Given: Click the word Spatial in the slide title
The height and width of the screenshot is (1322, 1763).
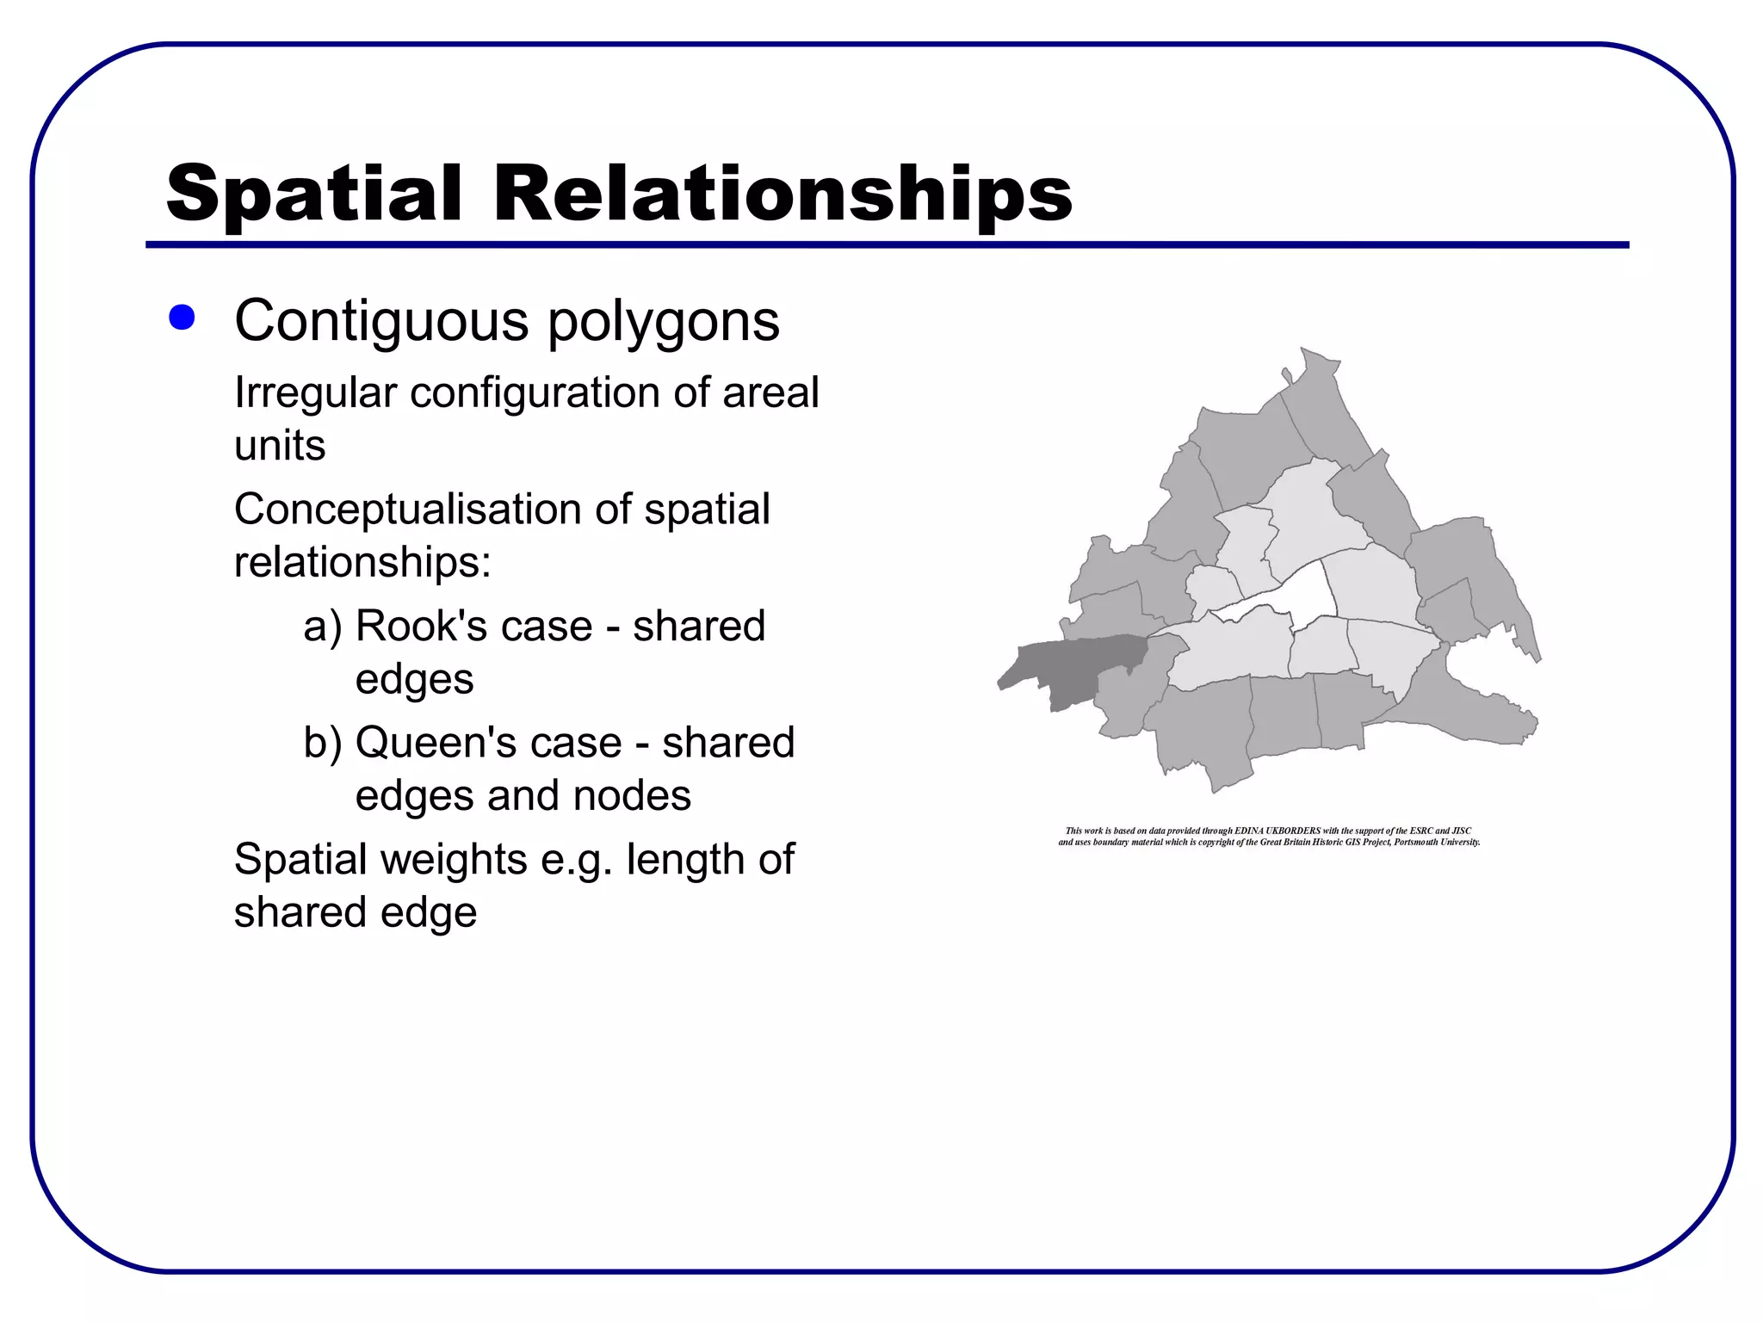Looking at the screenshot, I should [314, 195].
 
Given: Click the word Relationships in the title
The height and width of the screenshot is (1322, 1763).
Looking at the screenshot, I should [782, 195].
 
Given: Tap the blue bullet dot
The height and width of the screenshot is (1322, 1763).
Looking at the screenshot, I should [182, 318].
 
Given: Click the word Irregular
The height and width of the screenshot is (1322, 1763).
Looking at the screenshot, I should [315, 394].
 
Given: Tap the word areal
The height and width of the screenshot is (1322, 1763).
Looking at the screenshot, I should [770, 393].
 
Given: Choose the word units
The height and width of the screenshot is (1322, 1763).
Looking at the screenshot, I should [280, 446].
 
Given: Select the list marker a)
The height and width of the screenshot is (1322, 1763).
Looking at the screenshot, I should [323, 627].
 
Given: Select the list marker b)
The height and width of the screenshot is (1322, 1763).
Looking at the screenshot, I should [323, 744].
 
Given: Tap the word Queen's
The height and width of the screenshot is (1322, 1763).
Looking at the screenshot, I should [488, 743].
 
